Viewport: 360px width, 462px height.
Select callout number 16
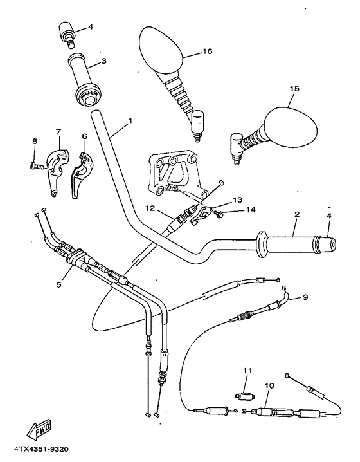[206, 51]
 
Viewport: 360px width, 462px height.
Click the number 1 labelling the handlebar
[130, 120]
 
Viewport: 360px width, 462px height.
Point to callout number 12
[149, 208]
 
